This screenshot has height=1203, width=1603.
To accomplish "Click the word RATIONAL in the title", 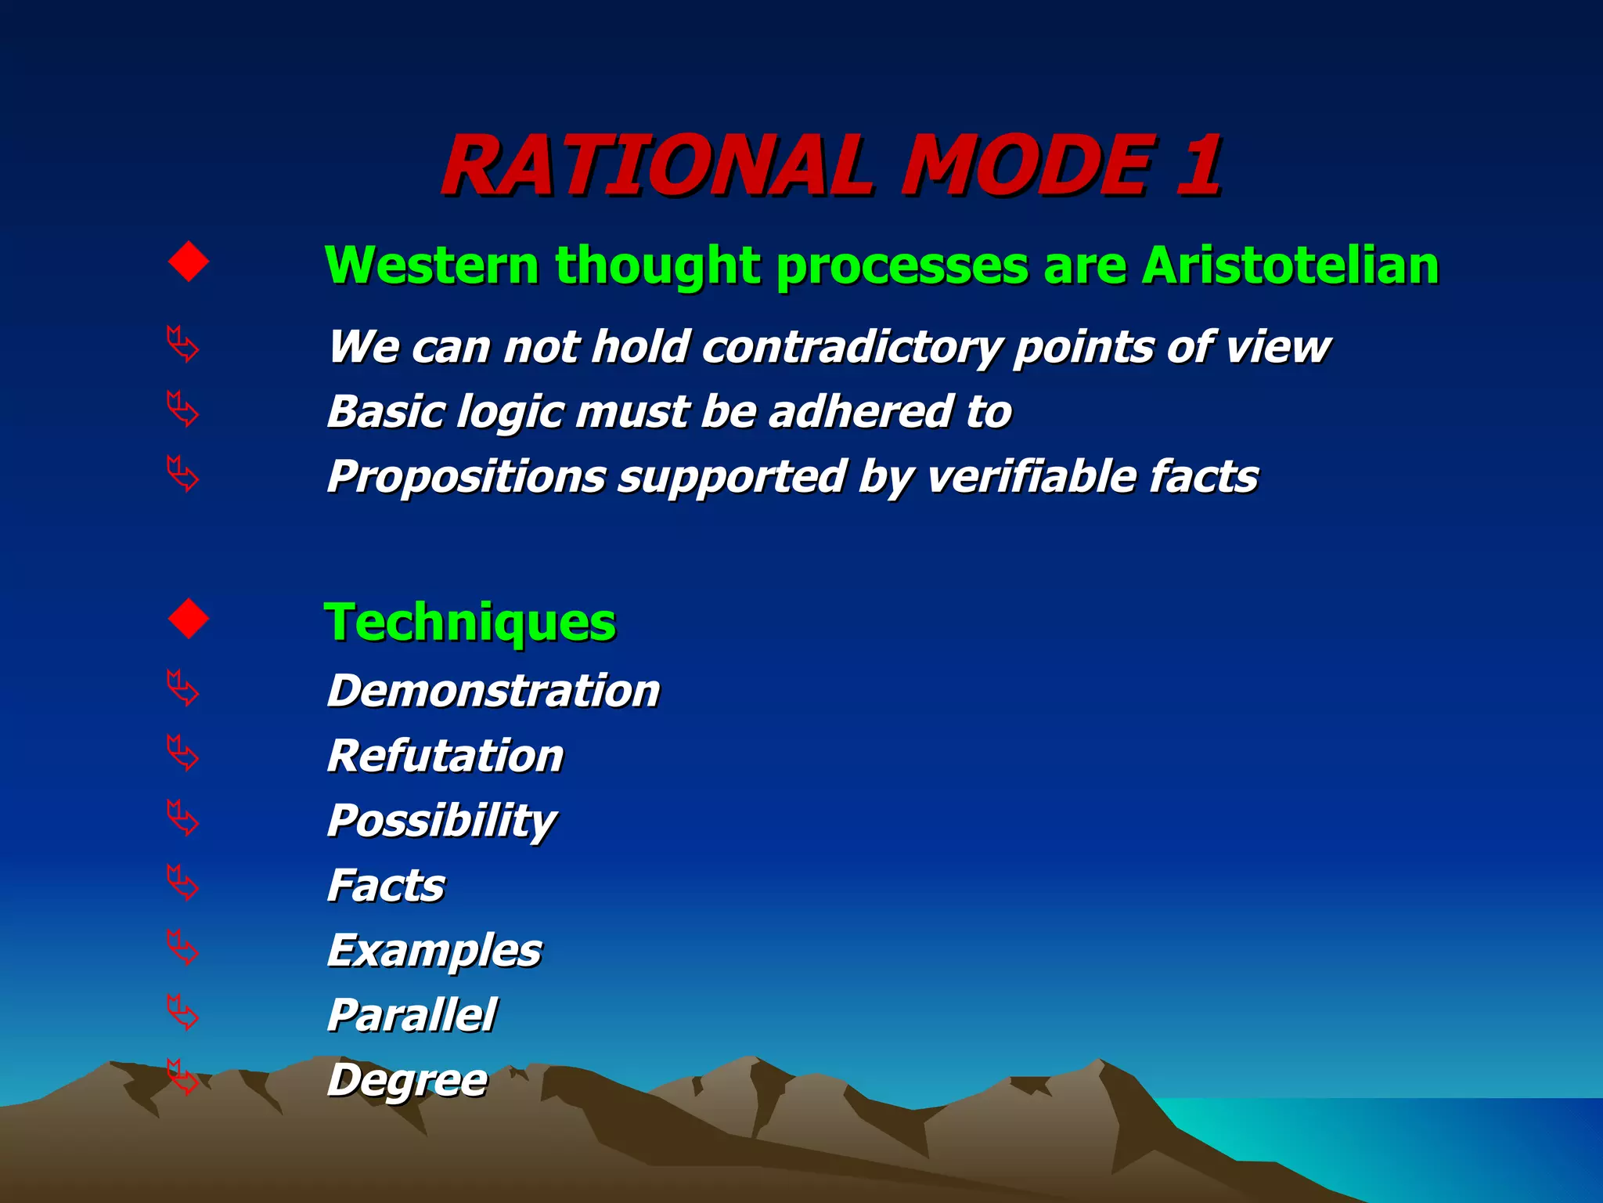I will point(656,166).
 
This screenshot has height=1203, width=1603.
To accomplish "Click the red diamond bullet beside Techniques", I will point(189,619).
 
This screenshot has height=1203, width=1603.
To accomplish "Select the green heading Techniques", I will point(470,623).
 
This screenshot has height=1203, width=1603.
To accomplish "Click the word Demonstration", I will point(493,691).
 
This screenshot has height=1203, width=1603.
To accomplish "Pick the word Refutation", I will point(445,756).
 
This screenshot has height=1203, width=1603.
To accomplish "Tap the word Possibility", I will point(441,822).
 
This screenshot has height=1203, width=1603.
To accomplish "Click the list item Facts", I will point(385,886).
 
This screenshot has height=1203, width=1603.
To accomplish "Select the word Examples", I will point(434,952).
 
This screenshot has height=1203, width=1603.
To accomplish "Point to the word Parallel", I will point(412,1016).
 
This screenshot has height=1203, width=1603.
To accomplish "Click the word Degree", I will point(407,1082).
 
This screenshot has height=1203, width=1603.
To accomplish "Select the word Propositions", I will point(466,477).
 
